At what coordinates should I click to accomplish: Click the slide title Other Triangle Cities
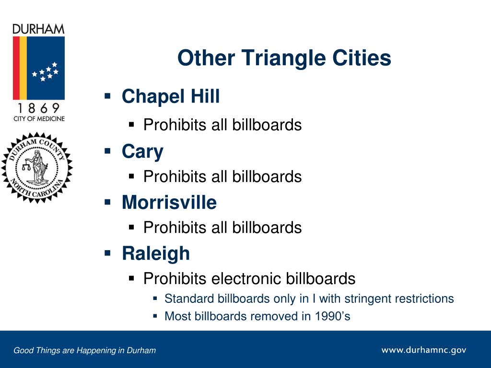tap(284, 58)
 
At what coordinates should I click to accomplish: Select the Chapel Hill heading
tap(171, 96)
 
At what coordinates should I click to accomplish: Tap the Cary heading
tap(142, 152)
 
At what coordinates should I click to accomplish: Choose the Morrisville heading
tap(169, 202)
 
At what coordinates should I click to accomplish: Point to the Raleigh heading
tap(156, 253)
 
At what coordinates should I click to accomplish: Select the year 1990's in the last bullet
tap(332, 316)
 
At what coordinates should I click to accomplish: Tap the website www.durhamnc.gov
tap(424, 350)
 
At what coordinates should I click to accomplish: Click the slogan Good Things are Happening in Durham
tap(84, 350)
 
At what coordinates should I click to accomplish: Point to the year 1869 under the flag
tap(38, 108)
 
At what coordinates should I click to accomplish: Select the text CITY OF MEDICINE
tap(39, 119)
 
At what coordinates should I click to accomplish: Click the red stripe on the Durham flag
tap(16, 68)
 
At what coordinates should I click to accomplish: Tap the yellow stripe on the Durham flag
tap(23, 68)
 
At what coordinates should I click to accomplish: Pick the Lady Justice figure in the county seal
tap(37, 167)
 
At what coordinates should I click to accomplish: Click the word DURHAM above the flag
tap(38, 29)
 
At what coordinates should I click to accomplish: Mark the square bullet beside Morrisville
tap(108, 202)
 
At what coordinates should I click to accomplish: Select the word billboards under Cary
tap(267, 176)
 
